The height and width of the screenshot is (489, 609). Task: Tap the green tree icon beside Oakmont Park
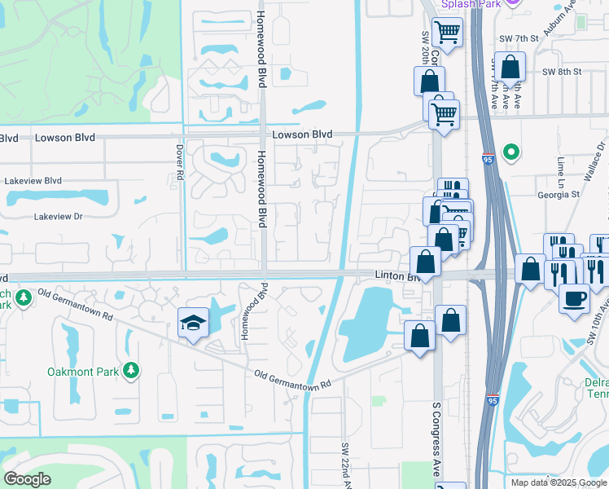point(130,372)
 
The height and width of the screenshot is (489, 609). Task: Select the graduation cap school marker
point(194,324)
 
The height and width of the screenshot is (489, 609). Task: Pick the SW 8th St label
point(563,72)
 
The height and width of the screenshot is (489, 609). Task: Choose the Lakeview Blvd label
point(33,180)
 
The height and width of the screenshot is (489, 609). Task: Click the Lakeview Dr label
point(58,217)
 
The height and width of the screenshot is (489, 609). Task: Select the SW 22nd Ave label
point(345,465)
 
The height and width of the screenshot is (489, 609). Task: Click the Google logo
point(27,479)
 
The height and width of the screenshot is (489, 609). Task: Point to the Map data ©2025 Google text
point(558,482)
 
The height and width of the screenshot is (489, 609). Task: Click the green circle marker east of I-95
point(511,152)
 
